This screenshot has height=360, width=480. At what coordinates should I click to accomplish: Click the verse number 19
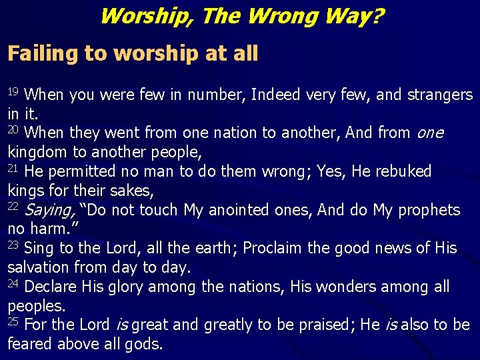point(15,91)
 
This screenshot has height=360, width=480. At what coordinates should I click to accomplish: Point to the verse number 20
point(15,129)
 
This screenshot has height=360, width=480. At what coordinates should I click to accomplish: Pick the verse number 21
point(15,168)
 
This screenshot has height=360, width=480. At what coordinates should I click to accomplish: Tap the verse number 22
point(15,206)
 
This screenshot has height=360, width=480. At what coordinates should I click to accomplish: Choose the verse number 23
point(15,245)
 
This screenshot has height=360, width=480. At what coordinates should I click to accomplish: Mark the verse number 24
point(15,283)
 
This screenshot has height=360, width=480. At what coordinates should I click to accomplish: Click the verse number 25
point(15,321)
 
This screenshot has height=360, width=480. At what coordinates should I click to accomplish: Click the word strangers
point(437,95)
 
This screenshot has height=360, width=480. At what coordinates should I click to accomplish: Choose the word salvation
point(39,268)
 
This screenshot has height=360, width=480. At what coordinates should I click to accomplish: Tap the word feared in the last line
point(30,345)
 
